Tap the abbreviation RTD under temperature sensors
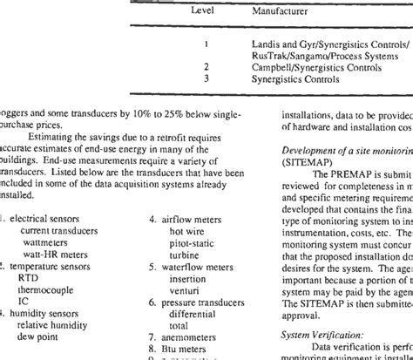tap(30, 275)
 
